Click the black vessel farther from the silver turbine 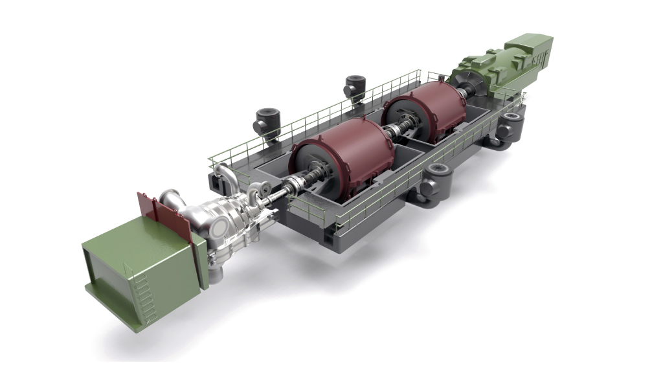tap(355, 87)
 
